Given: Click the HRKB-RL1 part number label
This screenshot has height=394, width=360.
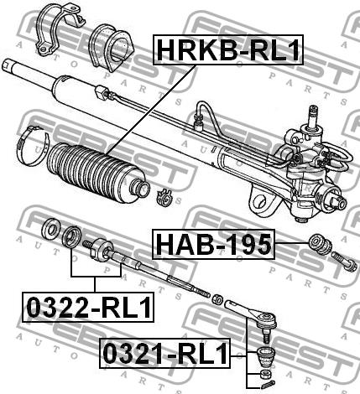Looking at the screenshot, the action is pyautogui.click(x=228, y=49).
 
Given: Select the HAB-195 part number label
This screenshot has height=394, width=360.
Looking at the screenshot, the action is pyautogui.click(x=213, y=244).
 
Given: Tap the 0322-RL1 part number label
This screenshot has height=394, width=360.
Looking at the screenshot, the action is pyautogui.click(x=88, y=307).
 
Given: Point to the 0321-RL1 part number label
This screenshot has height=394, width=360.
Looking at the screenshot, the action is pyautogui.click(x=165, y=353).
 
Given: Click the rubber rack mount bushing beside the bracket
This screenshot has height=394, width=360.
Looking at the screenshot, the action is pyautogui.click(x=111, y=48).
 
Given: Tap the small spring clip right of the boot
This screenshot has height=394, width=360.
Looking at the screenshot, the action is pyautogui.click(x=164, y=197).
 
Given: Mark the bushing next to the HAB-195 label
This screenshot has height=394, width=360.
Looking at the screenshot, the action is pyautogui.click(x=321, y=244).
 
